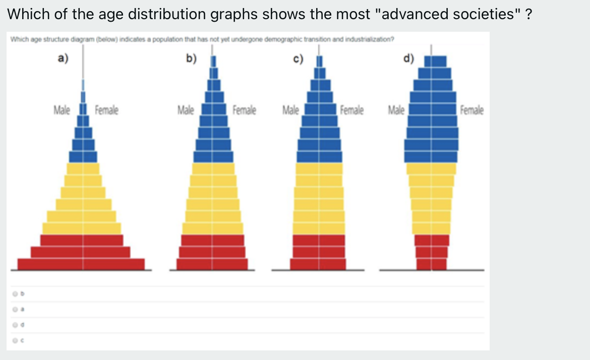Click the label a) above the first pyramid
(63, 58)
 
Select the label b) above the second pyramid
(191, 58)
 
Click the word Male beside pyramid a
(62, 109)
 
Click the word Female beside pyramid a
(106, 109)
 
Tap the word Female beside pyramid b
(244, 109)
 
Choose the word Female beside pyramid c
(352, 109)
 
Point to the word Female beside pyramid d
(471, 109)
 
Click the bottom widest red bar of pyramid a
(81, 264)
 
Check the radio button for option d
(16, 325)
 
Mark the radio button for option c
(16, 341)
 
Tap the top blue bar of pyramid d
(436, 62)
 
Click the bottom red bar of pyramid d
(431, 264)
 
